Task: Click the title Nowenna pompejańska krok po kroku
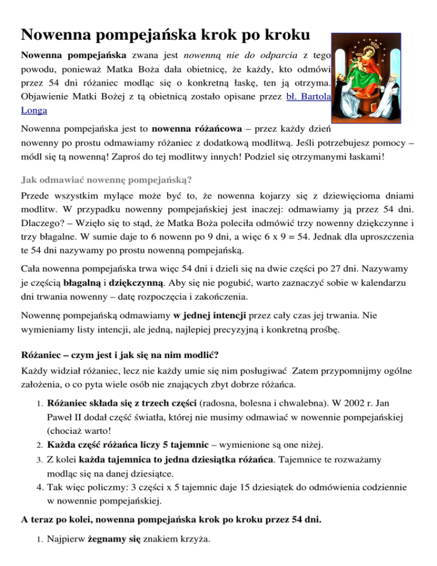tap(165, 35)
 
